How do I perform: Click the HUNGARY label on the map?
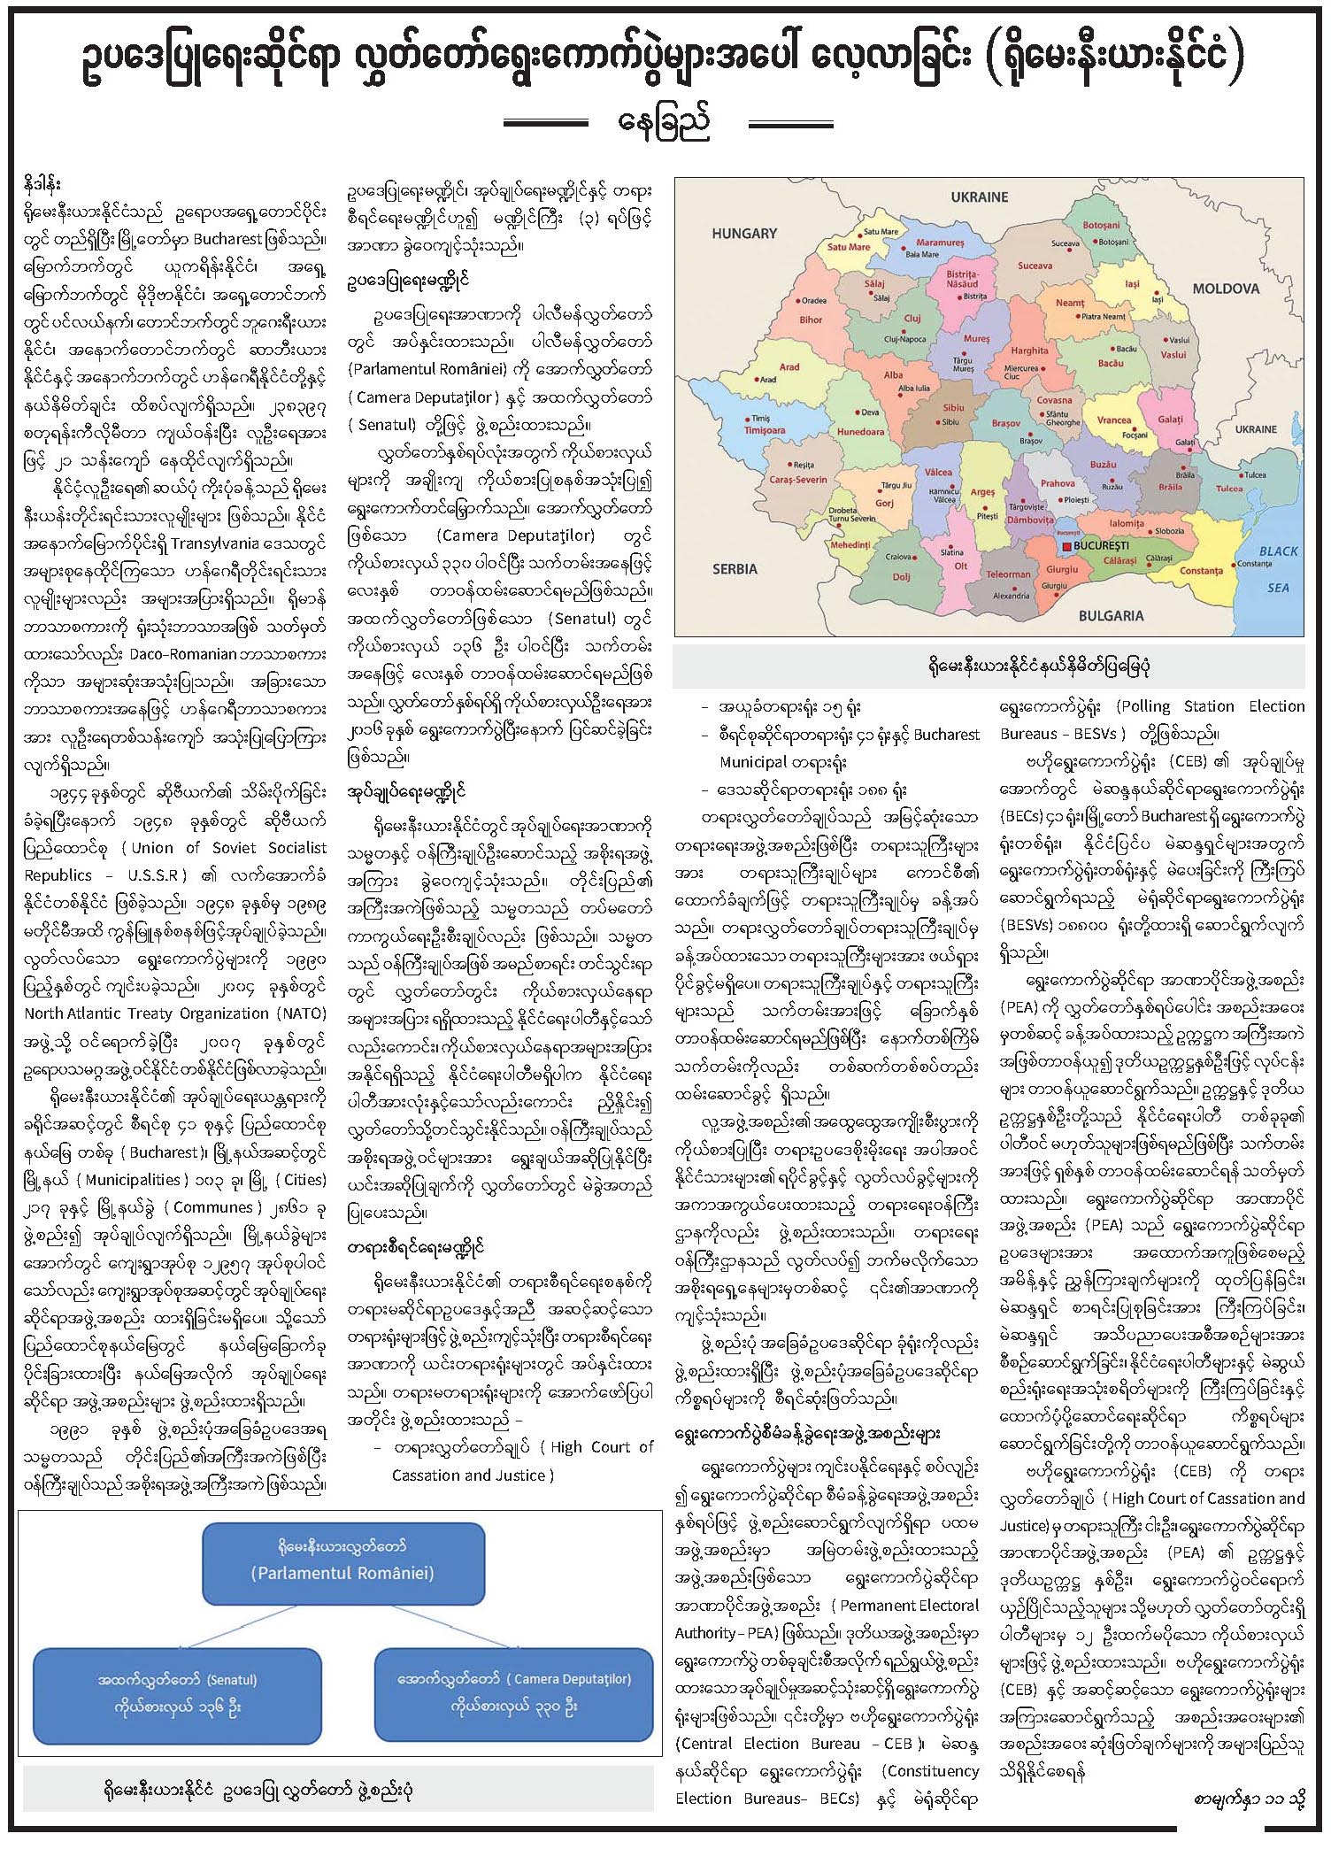[x=744, y=234]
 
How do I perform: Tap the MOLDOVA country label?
[x=1226, y=289]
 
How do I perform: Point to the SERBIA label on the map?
[x=735, y=569]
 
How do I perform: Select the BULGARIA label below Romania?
[x=1111, y=615]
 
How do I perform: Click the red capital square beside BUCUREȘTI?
[x=1066, y=546]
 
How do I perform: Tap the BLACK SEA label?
[x=1278, y=568]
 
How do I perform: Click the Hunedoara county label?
[x=860, y=432]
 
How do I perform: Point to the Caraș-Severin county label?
[x=798, y=480]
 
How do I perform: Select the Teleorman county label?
[x=1009, y=574]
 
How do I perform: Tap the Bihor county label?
[x=811, y=320]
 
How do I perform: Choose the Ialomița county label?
[x=1126, y=523]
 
